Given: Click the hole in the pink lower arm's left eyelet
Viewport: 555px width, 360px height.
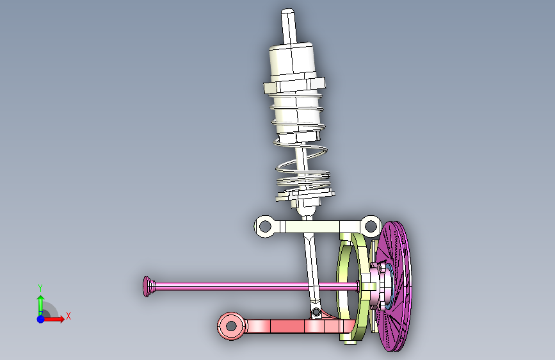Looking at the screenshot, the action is coord(231,325).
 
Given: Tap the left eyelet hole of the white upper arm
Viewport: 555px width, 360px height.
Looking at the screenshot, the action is coord(265,226).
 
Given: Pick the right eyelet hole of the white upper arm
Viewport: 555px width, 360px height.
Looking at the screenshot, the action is coord(370,225).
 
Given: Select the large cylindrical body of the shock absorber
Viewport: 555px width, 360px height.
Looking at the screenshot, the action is coord(292,63).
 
